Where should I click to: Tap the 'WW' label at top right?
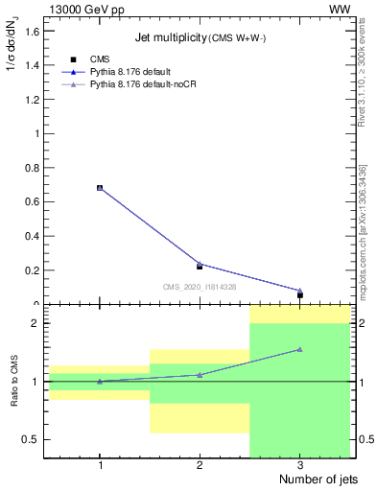point(339,9)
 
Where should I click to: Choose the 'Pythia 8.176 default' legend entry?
point(121,72)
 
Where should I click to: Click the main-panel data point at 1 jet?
point(100,188)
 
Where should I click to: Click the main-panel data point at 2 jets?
point(200,265)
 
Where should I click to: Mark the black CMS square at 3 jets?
point(300,295)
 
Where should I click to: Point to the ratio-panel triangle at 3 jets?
point(300,349)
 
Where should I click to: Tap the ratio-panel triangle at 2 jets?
point(200,375)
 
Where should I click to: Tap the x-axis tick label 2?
point(200,465)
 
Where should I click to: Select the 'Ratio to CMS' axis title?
point(14,382)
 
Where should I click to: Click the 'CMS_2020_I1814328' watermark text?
point(200,287)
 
